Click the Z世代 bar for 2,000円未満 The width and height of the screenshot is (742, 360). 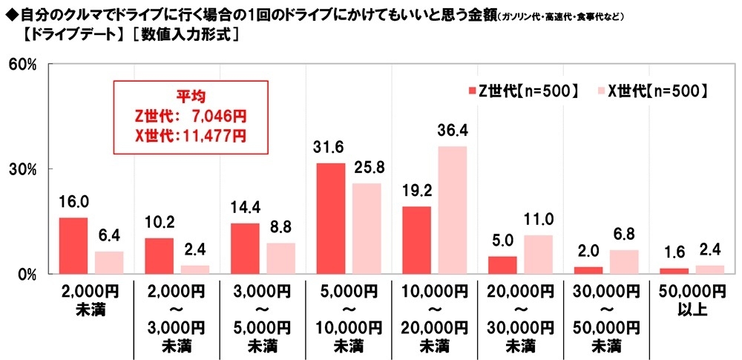coord(73,246)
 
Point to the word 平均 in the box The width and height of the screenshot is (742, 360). coord(189,96)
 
